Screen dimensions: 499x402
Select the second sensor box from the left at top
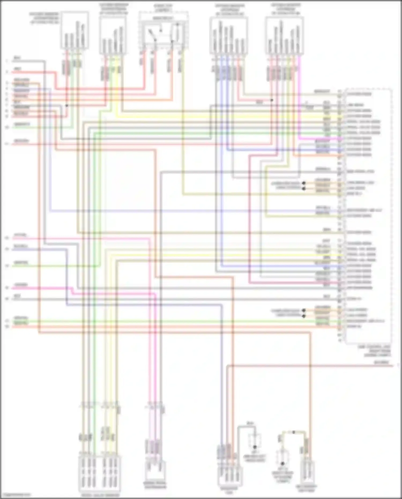tap(113, 35)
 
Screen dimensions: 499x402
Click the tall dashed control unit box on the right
tap(368, 215)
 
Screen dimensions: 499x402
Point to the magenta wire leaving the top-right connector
tap(299, 107)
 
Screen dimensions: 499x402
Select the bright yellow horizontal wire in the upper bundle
tap(214, 116)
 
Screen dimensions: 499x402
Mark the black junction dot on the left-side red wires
tap(66, 106)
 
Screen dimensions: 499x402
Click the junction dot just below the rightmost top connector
tap(271, 100)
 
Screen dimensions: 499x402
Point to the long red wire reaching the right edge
tap(348, 365)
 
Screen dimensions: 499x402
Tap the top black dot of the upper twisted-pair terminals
tap(304, 183)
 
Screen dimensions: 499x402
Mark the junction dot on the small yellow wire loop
tap(293, 432)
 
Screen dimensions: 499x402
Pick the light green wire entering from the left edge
tap(40, 128)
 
